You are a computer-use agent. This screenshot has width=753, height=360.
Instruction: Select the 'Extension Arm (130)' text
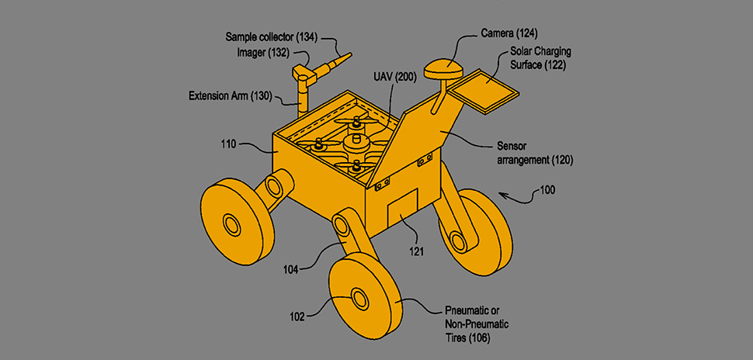point(230,96)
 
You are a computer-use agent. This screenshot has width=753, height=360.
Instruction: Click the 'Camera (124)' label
point(508,33)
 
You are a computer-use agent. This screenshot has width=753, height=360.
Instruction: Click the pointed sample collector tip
point(342,57)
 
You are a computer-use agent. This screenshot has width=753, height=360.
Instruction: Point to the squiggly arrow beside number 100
point(514,194)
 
